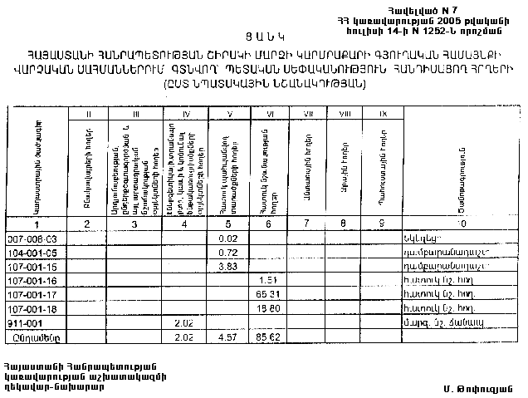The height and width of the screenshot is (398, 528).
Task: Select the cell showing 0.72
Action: point(217,252)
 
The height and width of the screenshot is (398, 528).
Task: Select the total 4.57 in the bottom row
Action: point(217,337)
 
